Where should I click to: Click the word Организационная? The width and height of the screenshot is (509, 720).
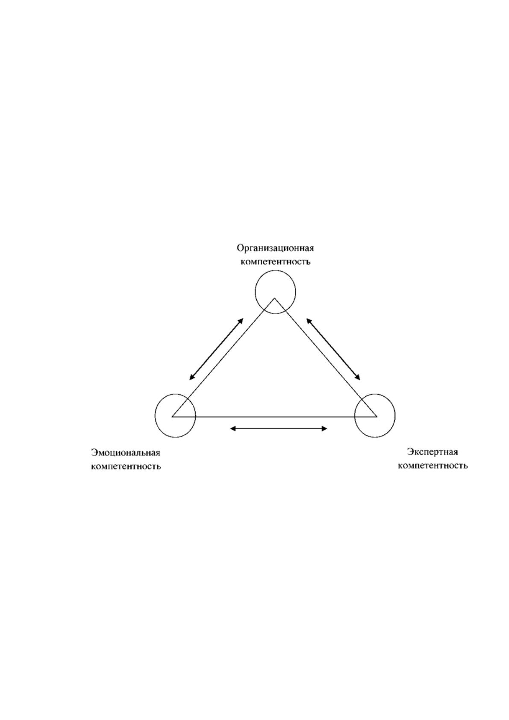pos(275,248)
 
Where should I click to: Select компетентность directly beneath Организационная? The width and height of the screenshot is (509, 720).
pos(276,262)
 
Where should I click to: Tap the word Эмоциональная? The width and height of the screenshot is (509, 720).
pos(126,453)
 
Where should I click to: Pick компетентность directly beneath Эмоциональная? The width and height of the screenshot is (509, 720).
pos(126,466)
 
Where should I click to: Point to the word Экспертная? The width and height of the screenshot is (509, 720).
pos(433,452)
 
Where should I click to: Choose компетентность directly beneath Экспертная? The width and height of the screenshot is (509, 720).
pos(433,466)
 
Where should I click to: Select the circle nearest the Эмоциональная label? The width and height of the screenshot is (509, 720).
pos(155,416)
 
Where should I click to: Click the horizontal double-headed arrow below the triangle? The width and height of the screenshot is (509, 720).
pos(279,428)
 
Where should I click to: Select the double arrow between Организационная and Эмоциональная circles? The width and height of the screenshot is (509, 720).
pos(216,349)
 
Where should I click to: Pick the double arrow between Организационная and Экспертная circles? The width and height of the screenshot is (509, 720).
pos(333,349)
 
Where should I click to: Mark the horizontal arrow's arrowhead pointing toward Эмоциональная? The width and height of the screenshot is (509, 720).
pos(233,428)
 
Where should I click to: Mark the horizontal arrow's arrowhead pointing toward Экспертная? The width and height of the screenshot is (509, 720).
pos(324,428)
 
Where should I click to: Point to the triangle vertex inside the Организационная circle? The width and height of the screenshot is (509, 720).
pos(274,298)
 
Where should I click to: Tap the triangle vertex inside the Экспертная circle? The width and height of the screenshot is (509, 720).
pos(377,416)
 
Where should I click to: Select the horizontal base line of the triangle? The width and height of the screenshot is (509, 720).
pos(274,416)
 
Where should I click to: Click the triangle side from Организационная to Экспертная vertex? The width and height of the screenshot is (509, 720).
pos(326,357)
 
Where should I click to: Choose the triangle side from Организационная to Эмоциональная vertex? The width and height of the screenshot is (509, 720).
pos(224,357)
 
